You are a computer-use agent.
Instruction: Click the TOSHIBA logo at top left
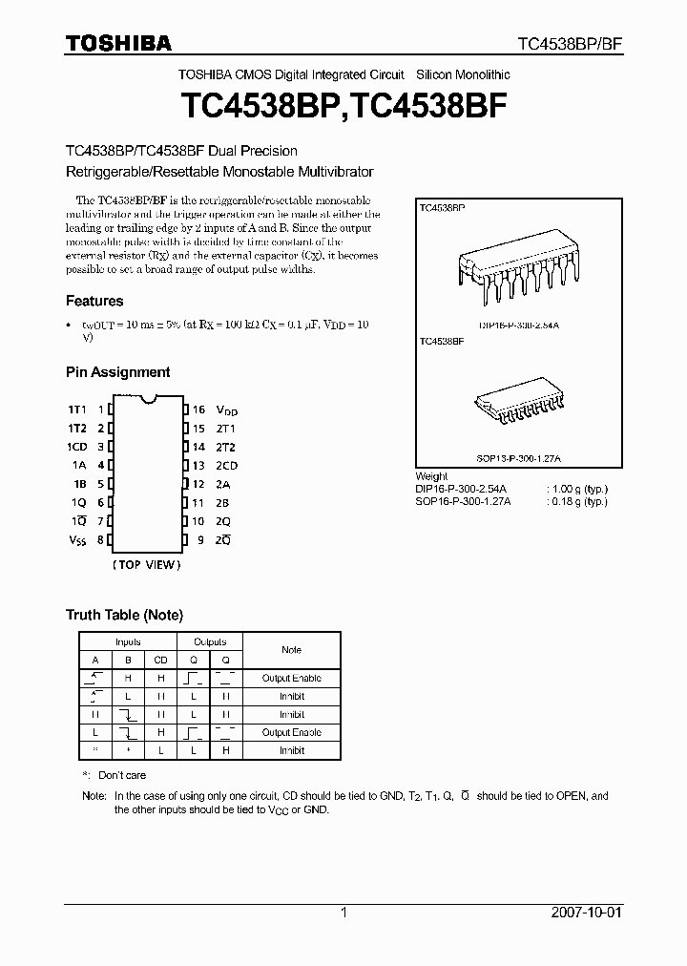[118, 43]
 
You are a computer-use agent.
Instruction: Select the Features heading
[94, 301]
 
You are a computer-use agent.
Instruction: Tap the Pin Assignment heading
[117, 372]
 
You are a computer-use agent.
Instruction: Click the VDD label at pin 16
[227, 409]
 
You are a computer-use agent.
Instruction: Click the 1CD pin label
[77, 447]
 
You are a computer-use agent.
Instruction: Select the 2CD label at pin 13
[227, 466]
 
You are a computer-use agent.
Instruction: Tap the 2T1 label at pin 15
[226, 429]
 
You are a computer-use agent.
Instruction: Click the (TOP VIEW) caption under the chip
[147, 565]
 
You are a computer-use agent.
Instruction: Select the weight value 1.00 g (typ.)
[581, 489]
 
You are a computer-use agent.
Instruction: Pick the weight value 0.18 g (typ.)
[581, 501]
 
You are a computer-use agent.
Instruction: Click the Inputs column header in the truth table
[128, 642]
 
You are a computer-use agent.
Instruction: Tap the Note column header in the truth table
[291, 650]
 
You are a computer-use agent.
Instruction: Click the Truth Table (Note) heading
[124, 615]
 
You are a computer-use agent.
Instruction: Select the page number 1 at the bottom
[343, 913]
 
